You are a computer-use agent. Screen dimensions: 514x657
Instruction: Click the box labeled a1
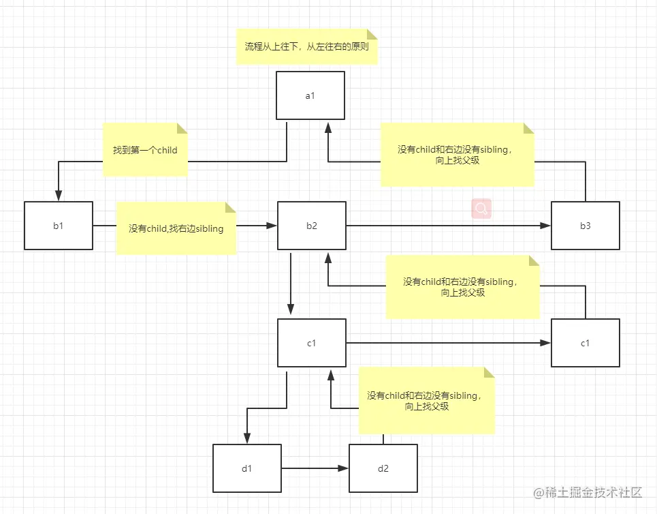[x=310, y=95]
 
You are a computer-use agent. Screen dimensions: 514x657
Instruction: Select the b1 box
[x=59, y=225]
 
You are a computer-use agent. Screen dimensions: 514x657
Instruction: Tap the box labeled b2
[x=311, y=225]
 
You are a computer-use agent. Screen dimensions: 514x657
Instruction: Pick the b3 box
[x=585, y=225]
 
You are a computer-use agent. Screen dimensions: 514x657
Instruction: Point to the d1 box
[x=246, y=468]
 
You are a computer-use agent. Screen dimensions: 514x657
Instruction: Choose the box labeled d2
[x=383, y=468]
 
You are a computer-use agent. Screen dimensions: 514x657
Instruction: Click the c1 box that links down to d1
[x=311, y=342]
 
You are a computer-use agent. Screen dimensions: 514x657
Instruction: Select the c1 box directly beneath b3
[x=585, y=342]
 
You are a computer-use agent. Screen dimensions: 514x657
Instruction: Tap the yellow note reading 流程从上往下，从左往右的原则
[x=307, y=47]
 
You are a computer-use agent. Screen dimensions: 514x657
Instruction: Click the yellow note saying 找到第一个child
[x=145, y=149]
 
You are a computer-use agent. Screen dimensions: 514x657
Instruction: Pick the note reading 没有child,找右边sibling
[x=176, y=228]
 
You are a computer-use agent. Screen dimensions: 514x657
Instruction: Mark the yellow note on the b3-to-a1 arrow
[x=458, y=155]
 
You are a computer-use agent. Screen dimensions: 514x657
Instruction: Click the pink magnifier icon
[x=481, y=209]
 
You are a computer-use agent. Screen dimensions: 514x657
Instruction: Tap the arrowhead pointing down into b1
[x=59, y=196]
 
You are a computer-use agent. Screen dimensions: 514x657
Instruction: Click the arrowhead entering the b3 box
[x=546, y=225]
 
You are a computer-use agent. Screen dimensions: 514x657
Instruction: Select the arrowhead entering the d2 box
[x=344, y=468]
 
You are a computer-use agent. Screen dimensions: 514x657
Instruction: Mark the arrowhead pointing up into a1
[x=328, y=128]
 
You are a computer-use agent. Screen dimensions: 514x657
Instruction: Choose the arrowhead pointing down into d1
[x=246, y=438]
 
